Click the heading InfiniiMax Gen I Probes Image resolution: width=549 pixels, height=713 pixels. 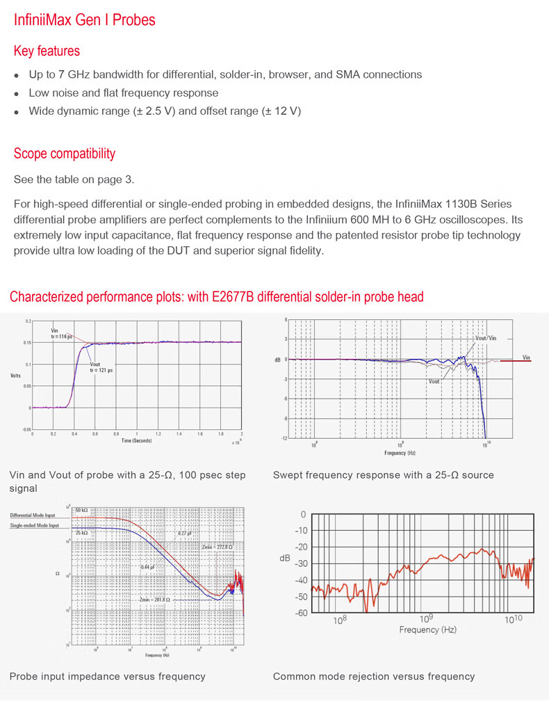(x=85, y=19)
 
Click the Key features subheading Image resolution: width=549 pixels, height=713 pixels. (x=47, y=51)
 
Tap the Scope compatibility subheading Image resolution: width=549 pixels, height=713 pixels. (x=65, y=153)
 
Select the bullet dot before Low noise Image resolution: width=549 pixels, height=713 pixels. (x=17, y=93)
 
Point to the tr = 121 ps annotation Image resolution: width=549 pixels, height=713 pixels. (x=101, y=370)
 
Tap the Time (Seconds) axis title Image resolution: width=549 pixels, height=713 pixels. (x=136, y=440)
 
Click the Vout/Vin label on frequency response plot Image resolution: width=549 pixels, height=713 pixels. (x=486, y=338)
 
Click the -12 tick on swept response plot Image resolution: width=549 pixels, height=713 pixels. (x=284, y=438)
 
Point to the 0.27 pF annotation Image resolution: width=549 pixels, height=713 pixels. (x=184, y=533)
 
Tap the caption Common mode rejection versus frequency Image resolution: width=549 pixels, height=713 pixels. (x=374, y=676)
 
